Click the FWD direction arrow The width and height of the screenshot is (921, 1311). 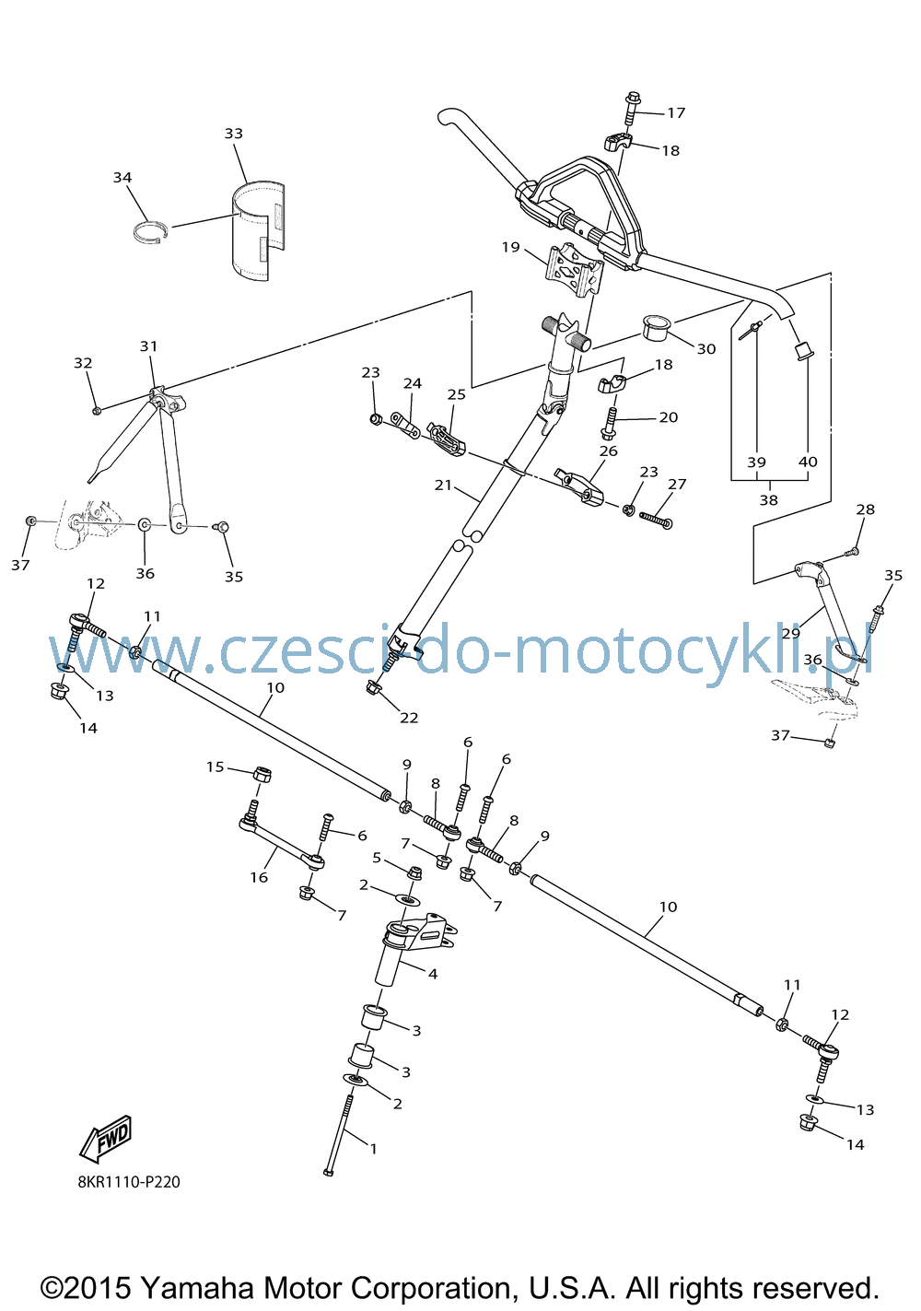click(105, 1139)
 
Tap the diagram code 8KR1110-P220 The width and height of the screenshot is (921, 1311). click(129, 1182)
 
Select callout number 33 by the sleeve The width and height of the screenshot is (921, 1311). click(233, 134)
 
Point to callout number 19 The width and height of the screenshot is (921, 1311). click(511, 247)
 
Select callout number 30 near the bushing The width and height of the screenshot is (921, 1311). click(706, 349)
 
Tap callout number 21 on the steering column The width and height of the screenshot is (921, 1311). click(444, 485)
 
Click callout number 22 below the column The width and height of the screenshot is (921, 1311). click(409, 718)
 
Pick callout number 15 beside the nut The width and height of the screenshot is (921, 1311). click(216, 767)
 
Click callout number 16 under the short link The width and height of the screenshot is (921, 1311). click(259, 877)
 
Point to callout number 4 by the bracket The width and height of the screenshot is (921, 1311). click(433, 974)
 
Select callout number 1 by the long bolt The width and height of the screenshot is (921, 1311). click(373, 1149)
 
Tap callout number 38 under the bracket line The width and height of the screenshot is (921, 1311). click(769, 500)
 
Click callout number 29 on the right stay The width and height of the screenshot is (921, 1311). click(791, 633)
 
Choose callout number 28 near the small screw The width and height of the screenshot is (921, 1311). click(866, 509)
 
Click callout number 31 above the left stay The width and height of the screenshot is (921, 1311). click(148, 346)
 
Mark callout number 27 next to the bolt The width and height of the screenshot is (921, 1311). click(677, 484)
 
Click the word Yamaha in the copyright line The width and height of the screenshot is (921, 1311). click(198, 1288)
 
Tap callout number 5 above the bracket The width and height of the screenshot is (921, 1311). click(377, 858)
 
